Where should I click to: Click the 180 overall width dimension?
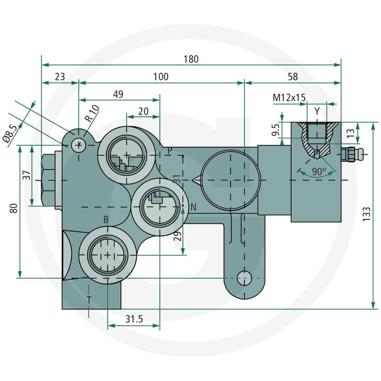[191, 59]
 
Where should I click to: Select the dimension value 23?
[60, 77]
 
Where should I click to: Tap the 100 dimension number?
[160, 77]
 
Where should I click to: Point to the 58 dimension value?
[292, 77]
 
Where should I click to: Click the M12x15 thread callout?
[289, 98]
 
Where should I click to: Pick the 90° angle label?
[319, 171]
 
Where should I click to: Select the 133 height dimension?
[366, 214]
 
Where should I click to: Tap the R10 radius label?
[92, 113]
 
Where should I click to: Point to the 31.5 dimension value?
[134, 319]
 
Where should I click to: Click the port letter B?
[106, 220]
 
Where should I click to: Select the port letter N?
[193, 207]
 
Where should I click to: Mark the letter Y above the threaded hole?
[317, 111]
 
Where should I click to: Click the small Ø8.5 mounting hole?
[79, 145]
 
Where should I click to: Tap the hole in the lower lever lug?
[244, 278]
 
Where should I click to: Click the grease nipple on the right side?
[352, 154]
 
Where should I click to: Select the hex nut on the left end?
[49, 180]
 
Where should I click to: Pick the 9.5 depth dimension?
[276, 130]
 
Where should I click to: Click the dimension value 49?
[118, 94]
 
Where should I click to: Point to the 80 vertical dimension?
[14, 209]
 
